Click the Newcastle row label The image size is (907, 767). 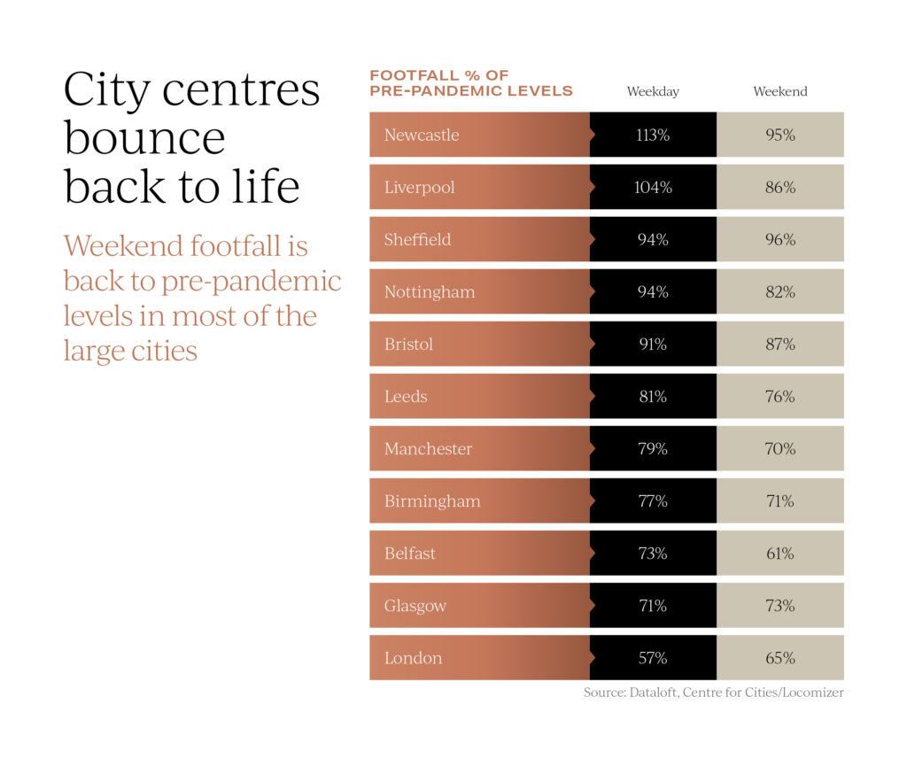click(x=422, y=136)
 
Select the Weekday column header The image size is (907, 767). click(x=653, y=91)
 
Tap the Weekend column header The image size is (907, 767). click(x=780, y=91)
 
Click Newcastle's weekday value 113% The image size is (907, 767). click(x=653, y=136)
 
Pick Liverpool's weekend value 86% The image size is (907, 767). click(x=780, y=188)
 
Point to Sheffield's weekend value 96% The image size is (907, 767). click(x=780, y=240)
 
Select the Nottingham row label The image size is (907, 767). click(x=430, y=292)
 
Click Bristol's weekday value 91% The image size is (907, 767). click(x=653, y=345)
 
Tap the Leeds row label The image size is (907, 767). click(x=406, y=397)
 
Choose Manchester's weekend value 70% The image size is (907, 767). click(x=780, y=449)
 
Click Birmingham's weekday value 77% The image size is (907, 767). click(x=653, y=501)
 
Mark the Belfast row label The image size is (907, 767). click(x=410, y=554)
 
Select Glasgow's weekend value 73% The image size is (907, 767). click(x=780, y=606)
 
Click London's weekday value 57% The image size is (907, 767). click(x=653, y=658)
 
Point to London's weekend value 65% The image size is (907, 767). click(x=780, y=658)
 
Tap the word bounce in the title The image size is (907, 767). click(x=144, y=138)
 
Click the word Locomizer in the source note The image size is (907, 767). click(x=810, y=693)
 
